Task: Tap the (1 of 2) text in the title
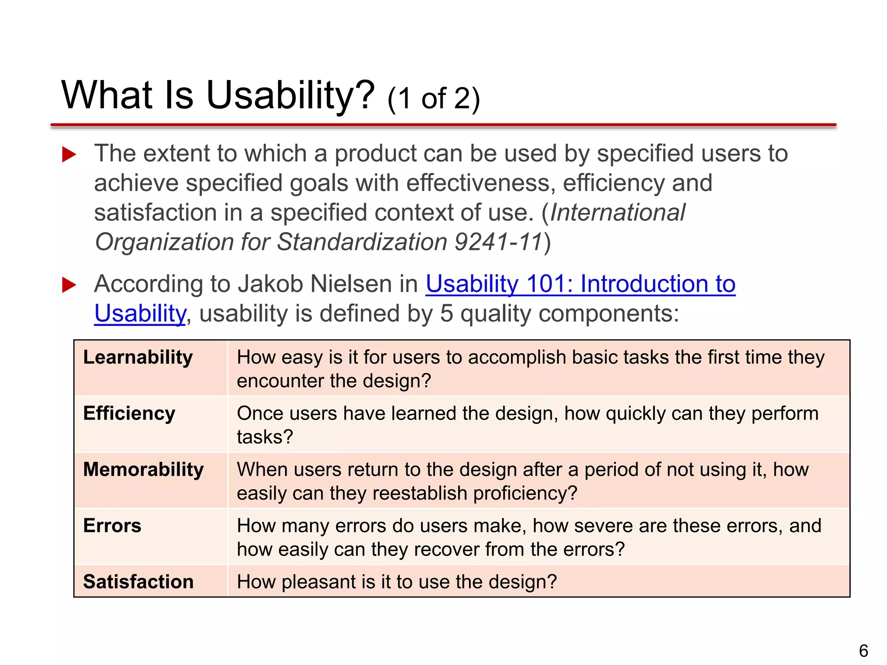click(434, 99)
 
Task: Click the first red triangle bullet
click(69, 154)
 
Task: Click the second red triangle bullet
click(69, 285)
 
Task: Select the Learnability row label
click(138, 358)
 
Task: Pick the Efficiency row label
click(129, 413)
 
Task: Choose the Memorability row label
click(143, 470)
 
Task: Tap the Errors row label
click(112, 526)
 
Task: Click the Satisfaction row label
click(138, 582)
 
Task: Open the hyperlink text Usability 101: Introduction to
click(580, 284)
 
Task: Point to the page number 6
click(863, 651)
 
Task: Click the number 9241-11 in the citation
click(498, 242)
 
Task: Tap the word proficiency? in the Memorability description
click(525, 494)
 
